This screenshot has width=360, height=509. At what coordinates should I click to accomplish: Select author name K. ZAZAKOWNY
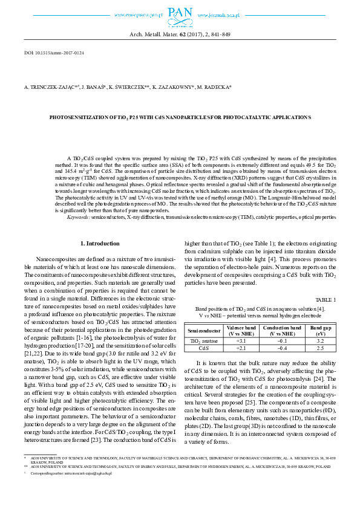click(x=172, y=87)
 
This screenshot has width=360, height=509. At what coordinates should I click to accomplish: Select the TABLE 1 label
click(x=326, y=300)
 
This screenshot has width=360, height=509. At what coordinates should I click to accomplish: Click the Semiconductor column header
click(x=205, y=331)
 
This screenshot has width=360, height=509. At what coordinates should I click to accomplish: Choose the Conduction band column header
click(x=281, y=331)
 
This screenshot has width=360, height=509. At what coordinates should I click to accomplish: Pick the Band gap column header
click(x=321, y=331)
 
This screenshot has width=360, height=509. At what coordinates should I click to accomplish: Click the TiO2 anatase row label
click(x=205, y=341)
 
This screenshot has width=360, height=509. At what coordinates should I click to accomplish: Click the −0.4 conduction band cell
click(x=281, y=348)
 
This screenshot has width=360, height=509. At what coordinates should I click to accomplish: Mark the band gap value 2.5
click(x=321, y=348)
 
